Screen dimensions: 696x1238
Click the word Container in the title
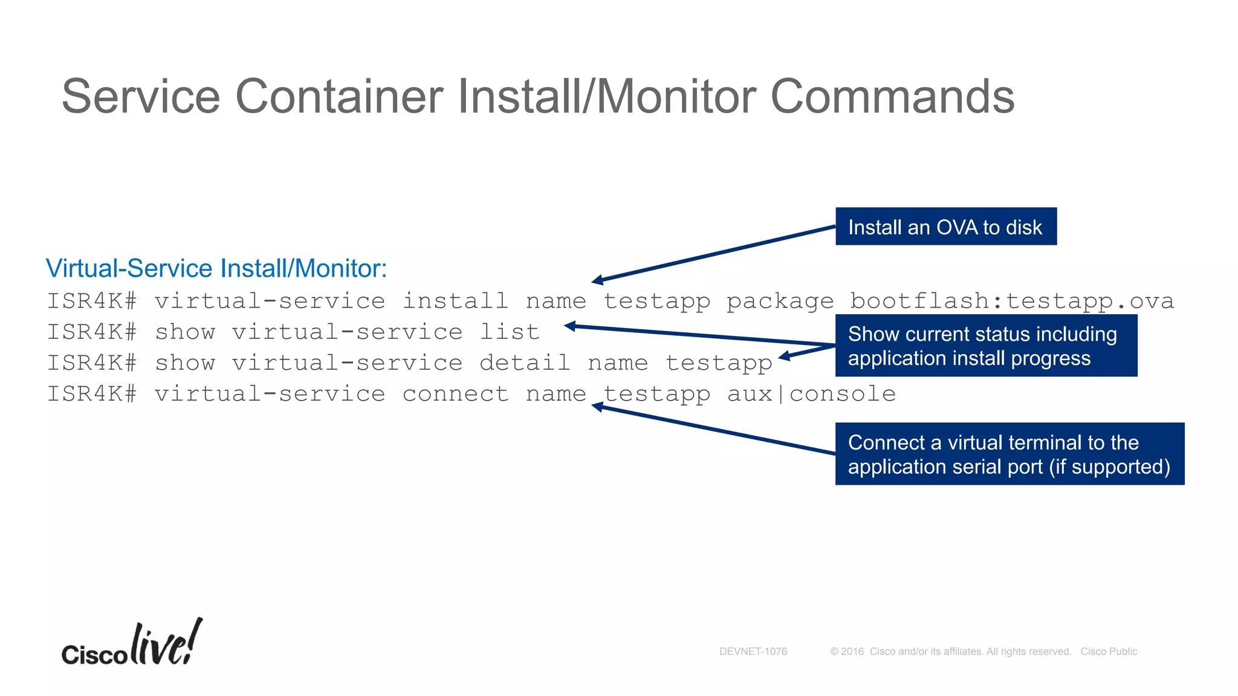[x=339, y=97]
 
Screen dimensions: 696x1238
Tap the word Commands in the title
[x=892, y=97]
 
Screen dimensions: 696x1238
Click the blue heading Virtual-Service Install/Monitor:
[x=216, y=268]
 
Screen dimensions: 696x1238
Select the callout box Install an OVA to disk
[x=945, y=227]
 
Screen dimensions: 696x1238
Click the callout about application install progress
[x=985, y=346]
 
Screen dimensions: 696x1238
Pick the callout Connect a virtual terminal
[x=1009, y=454]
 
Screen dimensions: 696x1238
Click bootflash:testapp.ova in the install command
[x=1011, y=301]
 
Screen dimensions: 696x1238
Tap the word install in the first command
[x=455, y=301]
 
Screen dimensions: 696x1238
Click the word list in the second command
[x=509, y=332]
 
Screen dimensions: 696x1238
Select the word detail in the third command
[x=525, y=363]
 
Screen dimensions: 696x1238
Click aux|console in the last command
[x=811, y=394]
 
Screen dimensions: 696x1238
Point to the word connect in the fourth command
[x=455, y=394]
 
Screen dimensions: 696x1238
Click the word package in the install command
[x=780, y=301]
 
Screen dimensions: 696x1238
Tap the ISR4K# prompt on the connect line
[x=92, y=394]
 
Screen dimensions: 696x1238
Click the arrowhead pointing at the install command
[x=597, y=280]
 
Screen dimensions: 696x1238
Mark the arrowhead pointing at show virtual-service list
[x=569, y=326]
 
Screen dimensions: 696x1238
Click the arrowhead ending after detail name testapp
[x=785, y=357]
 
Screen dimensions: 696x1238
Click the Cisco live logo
[x=132, y=644]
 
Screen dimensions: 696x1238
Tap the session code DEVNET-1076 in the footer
[x=753, y=651]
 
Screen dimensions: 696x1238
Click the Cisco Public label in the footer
[x=1109, y=651]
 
